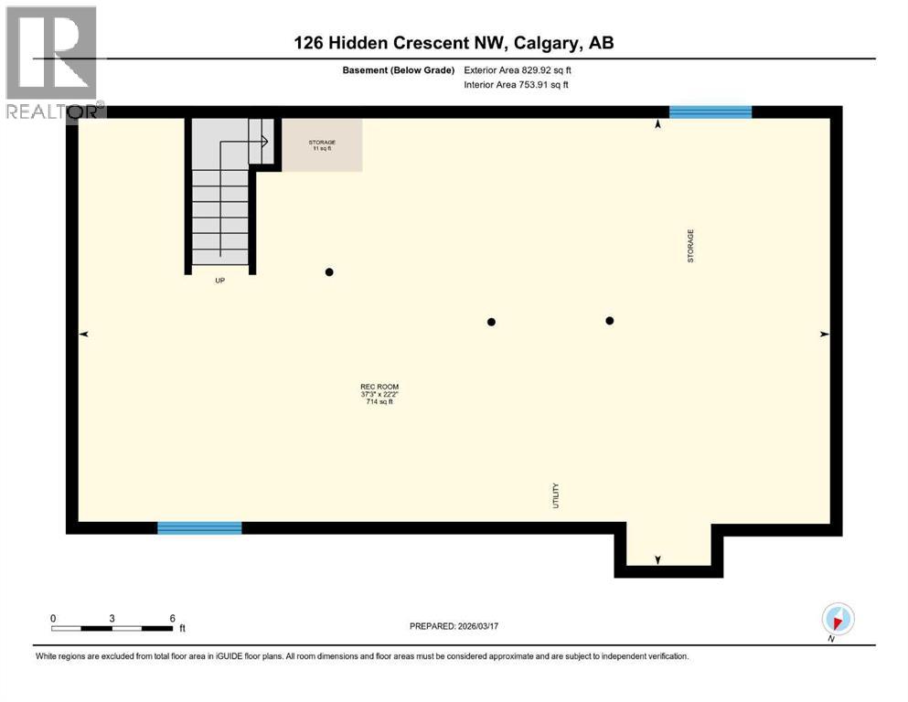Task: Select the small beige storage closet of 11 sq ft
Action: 321,145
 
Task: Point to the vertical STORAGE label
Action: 691,246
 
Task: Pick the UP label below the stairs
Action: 219,281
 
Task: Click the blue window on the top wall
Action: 710,112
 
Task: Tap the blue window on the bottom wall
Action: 199,527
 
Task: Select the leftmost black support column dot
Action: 329,271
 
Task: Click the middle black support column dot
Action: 491,322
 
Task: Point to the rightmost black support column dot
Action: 609,320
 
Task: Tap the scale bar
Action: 112,628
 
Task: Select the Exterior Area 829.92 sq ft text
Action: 519,69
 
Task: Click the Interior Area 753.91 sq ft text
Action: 517,85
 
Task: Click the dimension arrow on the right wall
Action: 824,335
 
